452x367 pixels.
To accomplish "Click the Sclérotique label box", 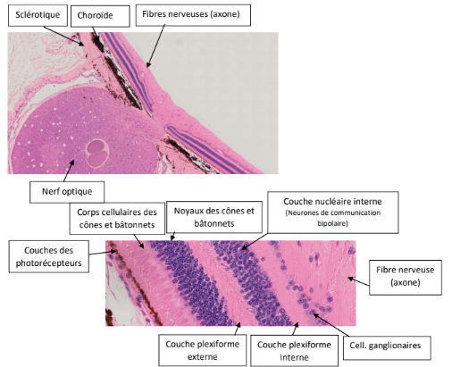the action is coord(38,15).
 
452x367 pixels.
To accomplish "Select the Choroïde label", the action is coord(100,16).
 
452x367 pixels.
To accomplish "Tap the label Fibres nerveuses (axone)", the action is coord(193,15).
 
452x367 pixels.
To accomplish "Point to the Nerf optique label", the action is coord(67,192).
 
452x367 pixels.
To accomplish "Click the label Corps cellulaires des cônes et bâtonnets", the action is coord(117,219).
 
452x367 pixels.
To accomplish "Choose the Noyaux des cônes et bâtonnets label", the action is coord(214,217).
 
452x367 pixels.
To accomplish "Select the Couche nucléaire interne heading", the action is coord(332,202).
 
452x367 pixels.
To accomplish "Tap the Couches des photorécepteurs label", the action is coord(48,256).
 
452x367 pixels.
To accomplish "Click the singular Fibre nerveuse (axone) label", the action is coord(406,278).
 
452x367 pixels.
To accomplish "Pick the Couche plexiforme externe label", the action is coord(203,350).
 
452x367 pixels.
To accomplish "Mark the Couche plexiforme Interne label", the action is coord(294,351).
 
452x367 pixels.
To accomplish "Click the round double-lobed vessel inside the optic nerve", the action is coord(97,153).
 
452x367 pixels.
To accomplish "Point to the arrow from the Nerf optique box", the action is coord(69,171).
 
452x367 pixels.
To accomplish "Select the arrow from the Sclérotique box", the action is coord(63,36).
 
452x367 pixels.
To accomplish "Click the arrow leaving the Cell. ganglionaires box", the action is coord(331,325).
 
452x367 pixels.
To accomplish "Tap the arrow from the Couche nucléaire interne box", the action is coord(255,241).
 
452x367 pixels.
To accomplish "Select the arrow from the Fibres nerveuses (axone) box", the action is coord(155,46).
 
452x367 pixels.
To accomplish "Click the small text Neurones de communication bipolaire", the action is coord(332,218).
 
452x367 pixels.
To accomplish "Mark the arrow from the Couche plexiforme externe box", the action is coord(238,329).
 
